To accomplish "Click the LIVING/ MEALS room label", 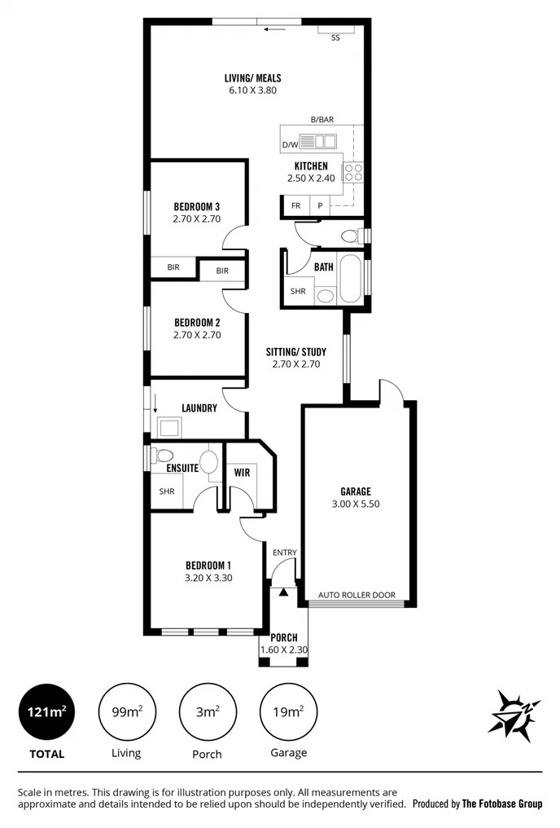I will click(x=252, y=78).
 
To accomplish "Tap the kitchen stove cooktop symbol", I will click(x=353, y=172).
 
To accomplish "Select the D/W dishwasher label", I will click(x=290, y=145).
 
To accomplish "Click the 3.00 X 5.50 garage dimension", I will click(x=355, y=504).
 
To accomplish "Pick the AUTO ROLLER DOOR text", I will click(x=357, y=595).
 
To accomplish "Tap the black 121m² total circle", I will click(x=46, y=711).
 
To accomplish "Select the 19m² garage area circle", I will click(x=288, y=711).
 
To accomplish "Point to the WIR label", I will click(x=242, y=473).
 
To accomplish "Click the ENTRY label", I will click(x=285, y=553).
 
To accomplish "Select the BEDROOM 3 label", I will click(x=197, y=206).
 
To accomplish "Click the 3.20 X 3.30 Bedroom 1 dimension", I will click(x=208, y=578).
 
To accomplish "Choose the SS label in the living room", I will click(x=335, y=37).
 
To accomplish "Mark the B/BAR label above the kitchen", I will click(x=322, y=120).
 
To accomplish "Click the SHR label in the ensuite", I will click(x=167, y=491).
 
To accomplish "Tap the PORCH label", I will click(x=284, y=637).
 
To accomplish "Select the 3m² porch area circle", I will click(x=207, y=711).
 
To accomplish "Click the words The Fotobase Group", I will click(x=501, y=804).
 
